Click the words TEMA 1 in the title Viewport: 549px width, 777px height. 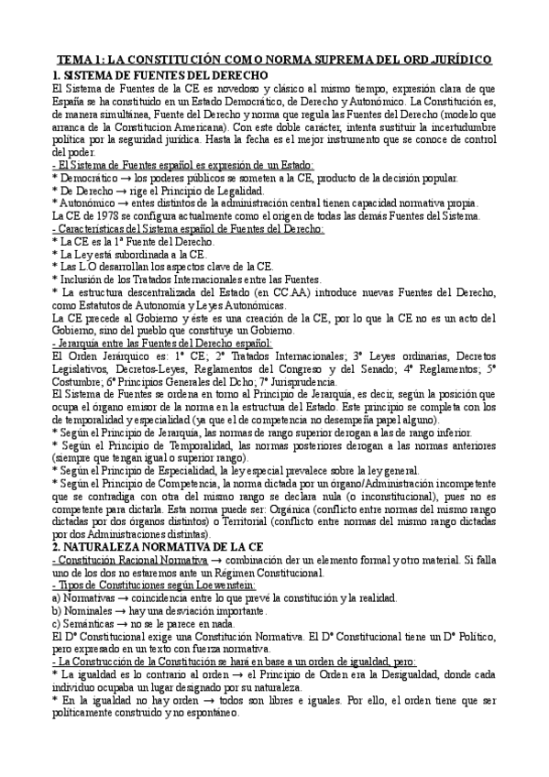(x=75, y=58)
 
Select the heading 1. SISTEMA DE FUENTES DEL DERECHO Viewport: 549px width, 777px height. (x=160, y=73)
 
